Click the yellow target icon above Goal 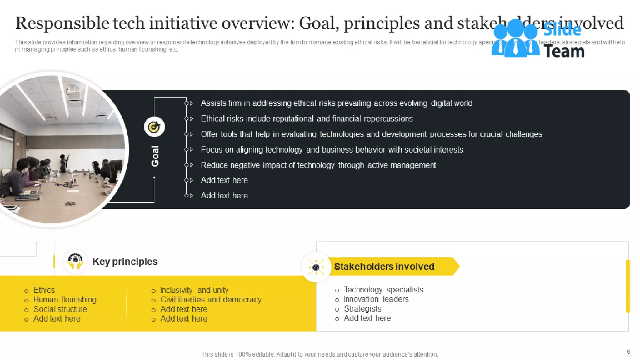tap(154, 127)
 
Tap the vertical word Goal tap(155, 156)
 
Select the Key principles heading tap(125, 262)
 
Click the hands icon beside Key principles tap(75, 261)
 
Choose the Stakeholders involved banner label tap(384, 267)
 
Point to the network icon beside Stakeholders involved tap(316, 267)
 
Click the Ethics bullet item tap(44, 290)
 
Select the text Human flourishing tap(65, 300)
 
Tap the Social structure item tap(60, 309)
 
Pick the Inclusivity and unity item tap(194, 290)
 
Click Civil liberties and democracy tap(211, 300)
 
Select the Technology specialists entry tap(383, 290)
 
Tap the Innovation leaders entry tap(376, 299)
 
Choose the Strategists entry tap(362, 309)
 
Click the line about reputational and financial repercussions tap(307, 119)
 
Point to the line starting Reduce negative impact tap(318, 165)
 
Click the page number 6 tap(628, 352)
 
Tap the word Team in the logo tap(564, 51)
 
